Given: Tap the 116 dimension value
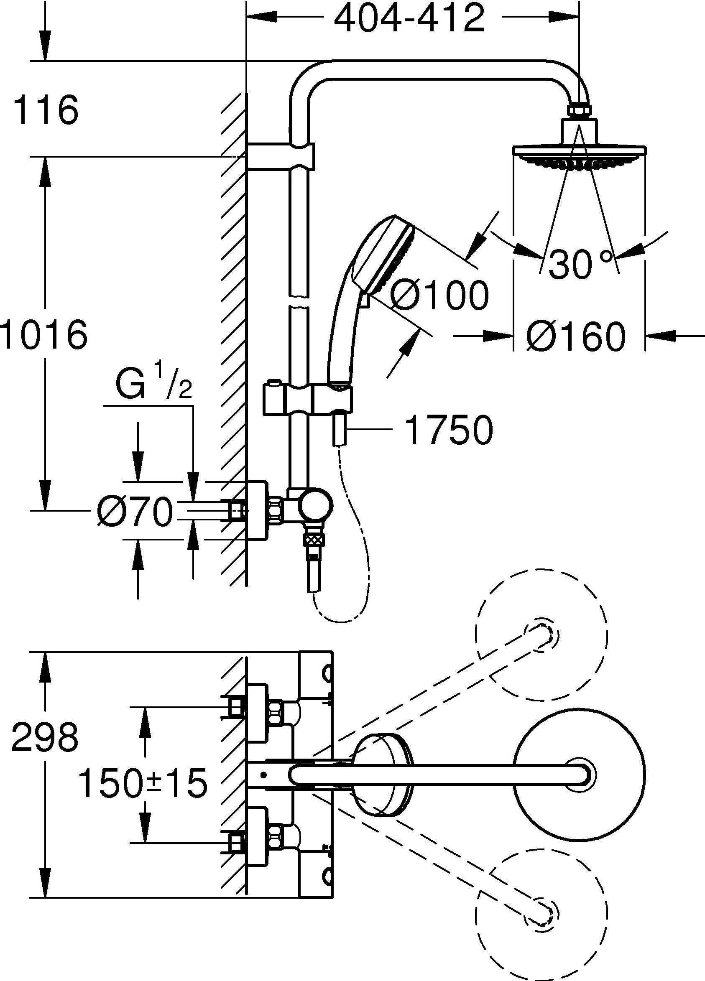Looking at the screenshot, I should (46, 110).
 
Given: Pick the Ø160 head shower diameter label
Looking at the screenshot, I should (576, 336).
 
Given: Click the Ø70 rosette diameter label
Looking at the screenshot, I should (135, 512).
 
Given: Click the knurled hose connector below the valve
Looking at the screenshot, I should (314, 539).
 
